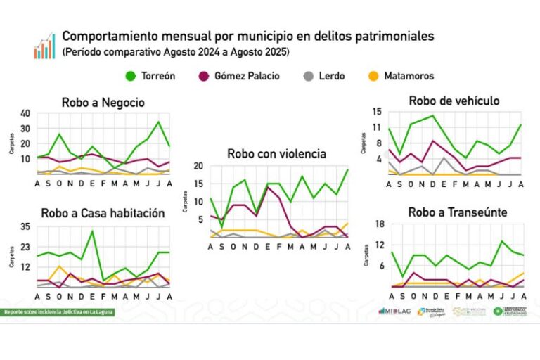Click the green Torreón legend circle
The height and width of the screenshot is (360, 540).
(130, 75)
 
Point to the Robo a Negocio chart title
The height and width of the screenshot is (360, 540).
(103, 103)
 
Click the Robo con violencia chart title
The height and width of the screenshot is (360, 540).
(276, 153)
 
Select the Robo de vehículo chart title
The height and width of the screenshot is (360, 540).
(454, 101)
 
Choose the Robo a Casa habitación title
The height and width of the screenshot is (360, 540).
(103, 212)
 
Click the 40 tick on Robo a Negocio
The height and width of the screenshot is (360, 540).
(25, 114)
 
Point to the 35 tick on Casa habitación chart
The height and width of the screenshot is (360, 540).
(25, 226)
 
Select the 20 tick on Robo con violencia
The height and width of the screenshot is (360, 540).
(198, 167)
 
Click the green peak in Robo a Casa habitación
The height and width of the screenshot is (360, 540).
(92, 231)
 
